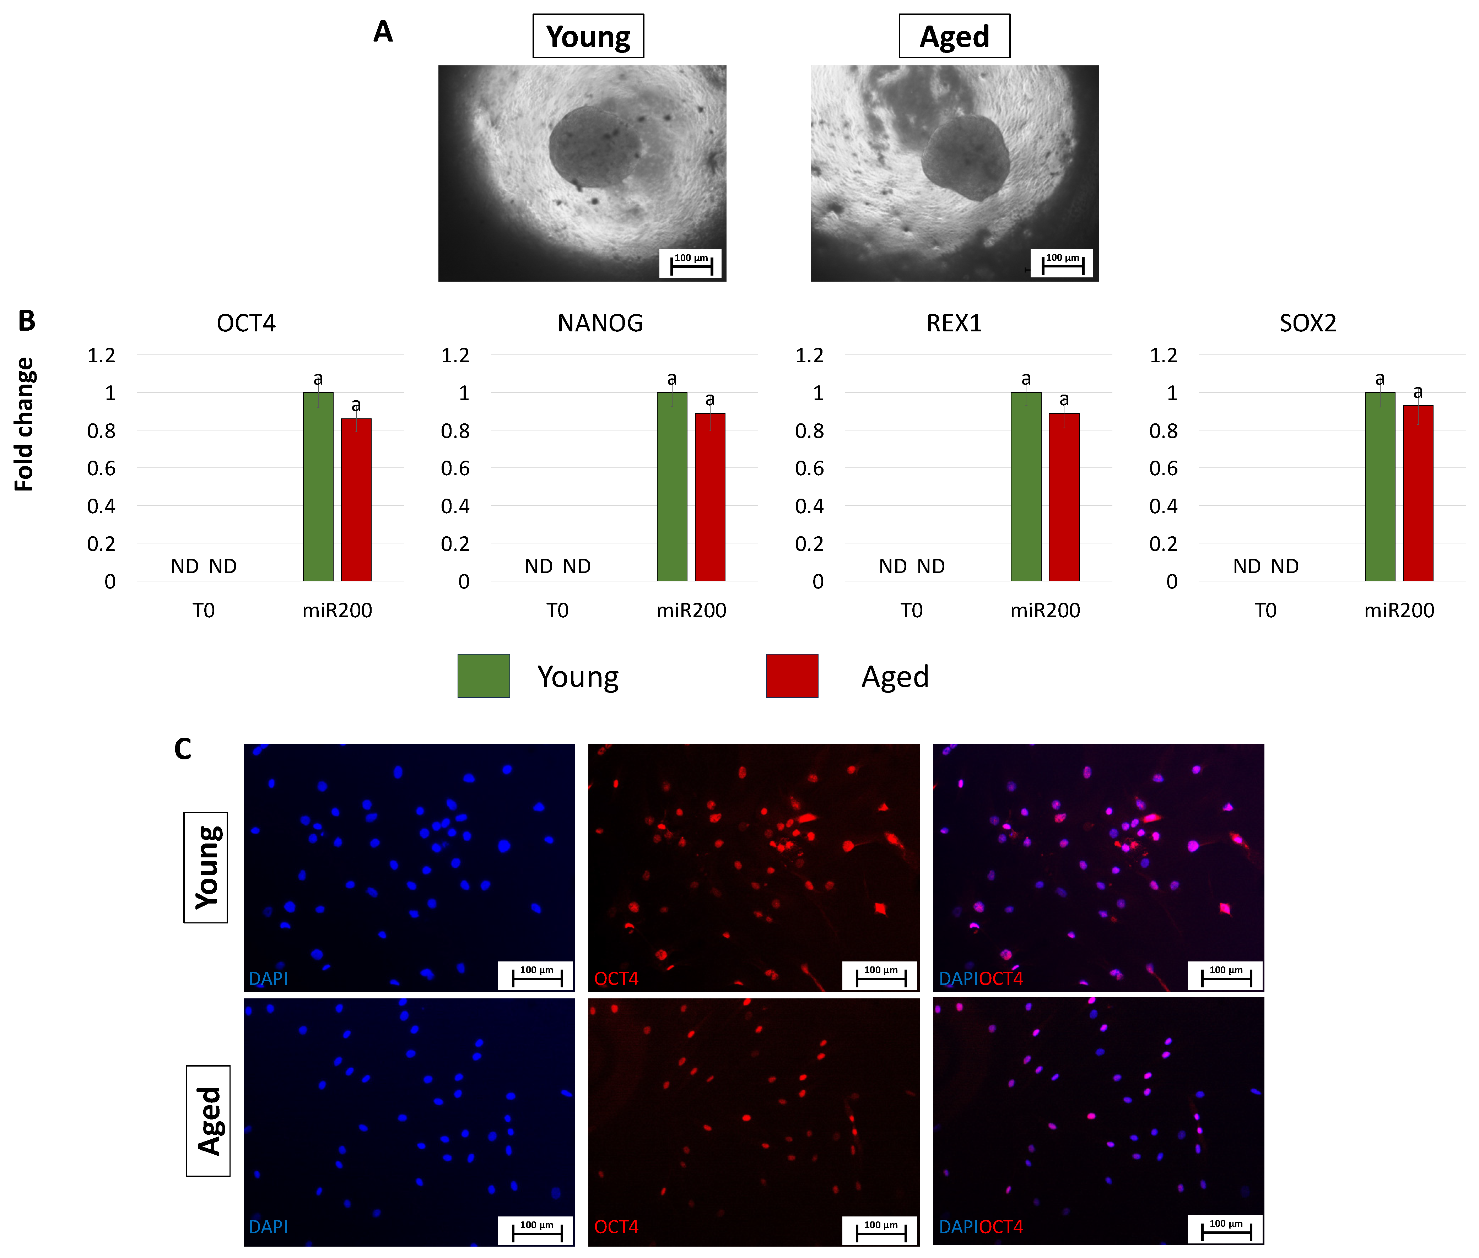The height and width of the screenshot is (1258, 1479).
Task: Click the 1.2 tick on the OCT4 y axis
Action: [101, 355]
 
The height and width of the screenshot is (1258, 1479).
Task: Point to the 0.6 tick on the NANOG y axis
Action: [455, 468]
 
